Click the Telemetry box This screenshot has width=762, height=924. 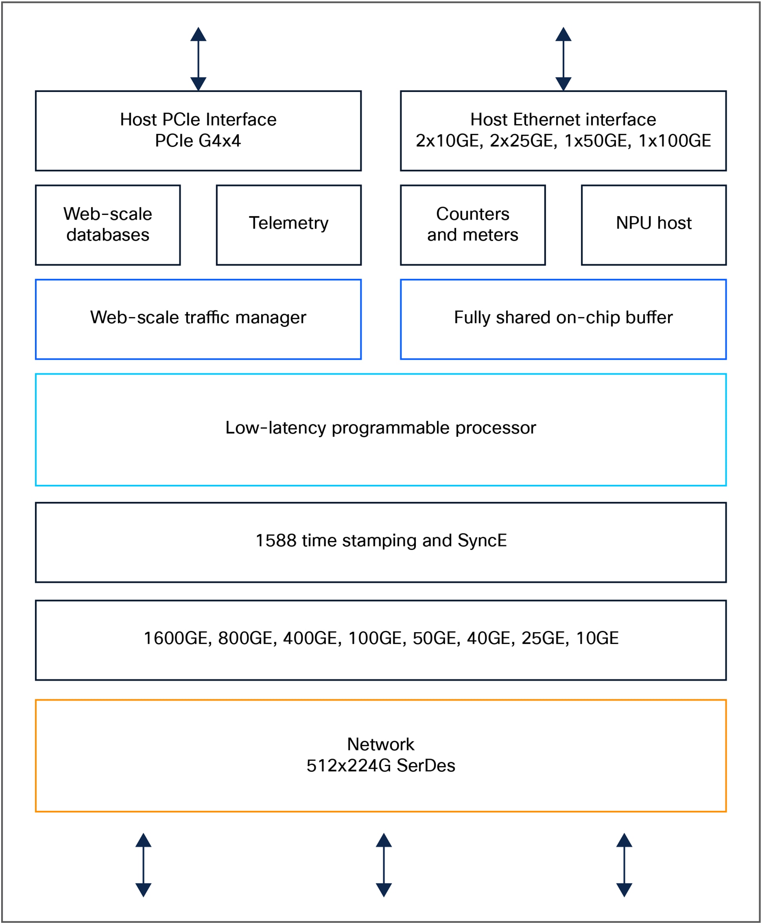[289, 225]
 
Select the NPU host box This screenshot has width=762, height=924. [654, 225]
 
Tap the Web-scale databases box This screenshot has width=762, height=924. [108, 225]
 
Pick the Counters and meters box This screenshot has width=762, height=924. [472, 225]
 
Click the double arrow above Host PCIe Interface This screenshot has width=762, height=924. [198, 59]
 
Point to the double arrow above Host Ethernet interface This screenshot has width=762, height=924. [563, 59]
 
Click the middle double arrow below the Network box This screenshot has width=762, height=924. [384, 865]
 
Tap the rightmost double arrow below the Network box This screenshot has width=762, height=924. [624, 865]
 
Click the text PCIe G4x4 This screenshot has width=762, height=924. [198, 141]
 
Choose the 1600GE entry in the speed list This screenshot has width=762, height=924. [177, 638]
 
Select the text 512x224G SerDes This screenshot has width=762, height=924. [380, 765]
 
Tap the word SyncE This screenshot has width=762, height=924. [482, 541]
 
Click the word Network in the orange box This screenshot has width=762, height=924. [380, 744]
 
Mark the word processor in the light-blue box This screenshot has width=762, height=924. [495, 428]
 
